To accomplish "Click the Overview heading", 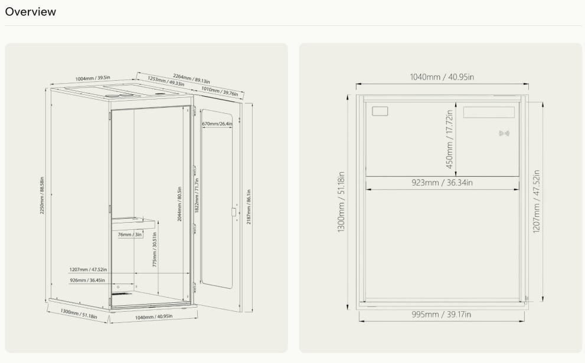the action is [x=31, y=12].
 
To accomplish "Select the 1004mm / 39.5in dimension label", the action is [x=93, y=78].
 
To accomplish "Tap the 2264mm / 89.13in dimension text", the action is [x=191, y=78].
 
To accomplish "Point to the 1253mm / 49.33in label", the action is [x=166, y=81].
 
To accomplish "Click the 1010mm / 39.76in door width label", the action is [x=220, y=91].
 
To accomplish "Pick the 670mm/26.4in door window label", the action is [x=217, y=124].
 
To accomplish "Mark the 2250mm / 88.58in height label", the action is [x=42, y=196].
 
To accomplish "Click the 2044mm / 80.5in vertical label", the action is [x=179, y=204].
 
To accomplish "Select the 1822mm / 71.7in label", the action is [x=197, y=196].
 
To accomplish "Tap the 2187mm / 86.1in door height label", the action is [x=249, y=207].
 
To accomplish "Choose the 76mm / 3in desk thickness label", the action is [x=130, y=235].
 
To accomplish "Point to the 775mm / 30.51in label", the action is [x=155, y=249].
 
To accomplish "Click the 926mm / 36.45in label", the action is [x=87, y=280].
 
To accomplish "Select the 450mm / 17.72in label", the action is [x=450, y=139].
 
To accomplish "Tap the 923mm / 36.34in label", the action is [x=442, y=183].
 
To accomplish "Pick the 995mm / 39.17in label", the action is [x=442, y=315].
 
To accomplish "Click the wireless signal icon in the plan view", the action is [x=504, y=133].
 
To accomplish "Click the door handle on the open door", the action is [x=234, y=212].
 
